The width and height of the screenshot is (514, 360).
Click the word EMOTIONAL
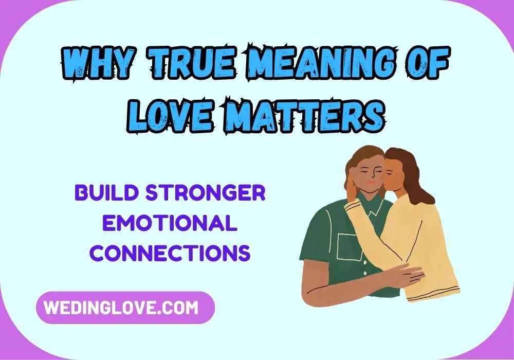pyautogui.click(x=170, y=224)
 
